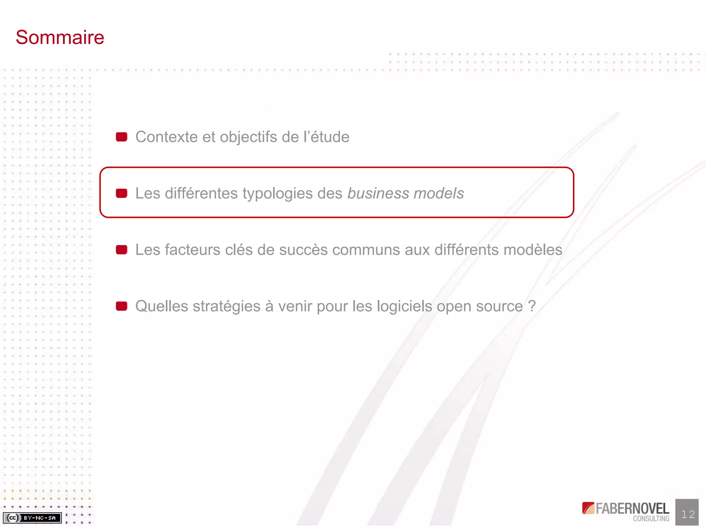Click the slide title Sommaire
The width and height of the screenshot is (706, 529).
tap(60, 37)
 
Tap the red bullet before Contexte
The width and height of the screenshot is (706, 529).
tap(121, 137)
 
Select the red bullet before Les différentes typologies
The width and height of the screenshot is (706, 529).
tap(121, 194)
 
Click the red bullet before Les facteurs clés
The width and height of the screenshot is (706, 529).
tap(121, 250)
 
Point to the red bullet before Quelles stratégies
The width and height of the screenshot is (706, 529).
tap(121, 306)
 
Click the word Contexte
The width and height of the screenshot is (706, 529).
tap(166, 137)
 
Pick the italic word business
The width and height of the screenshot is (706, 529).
tap(378, 194)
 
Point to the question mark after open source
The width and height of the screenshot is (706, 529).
tap(532, 306)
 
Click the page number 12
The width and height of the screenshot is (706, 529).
tap(687, 514)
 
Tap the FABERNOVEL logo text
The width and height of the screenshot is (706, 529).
tap(632, 509)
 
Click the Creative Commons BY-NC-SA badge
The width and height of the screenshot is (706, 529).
tap(32, 518)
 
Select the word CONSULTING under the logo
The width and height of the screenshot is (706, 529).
tap(651, 519)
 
